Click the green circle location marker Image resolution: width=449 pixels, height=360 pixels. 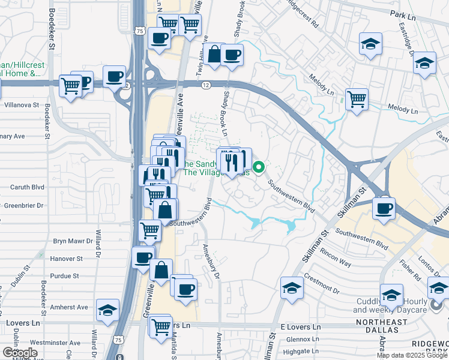click(259, 167)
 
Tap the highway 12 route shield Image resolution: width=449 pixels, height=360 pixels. click(206, 86)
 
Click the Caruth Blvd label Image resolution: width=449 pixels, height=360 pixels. click(28, 187)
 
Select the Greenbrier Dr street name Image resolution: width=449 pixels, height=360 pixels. click(23, 205)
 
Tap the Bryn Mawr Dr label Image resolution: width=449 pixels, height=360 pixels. click(73, 241)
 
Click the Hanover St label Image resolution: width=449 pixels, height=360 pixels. click(67, 259)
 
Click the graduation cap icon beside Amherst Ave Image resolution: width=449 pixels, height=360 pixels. click(107, 310)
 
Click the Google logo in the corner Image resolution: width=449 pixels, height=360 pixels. click(20, 352)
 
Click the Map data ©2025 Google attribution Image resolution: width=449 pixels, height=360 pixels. click(412, 355)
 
